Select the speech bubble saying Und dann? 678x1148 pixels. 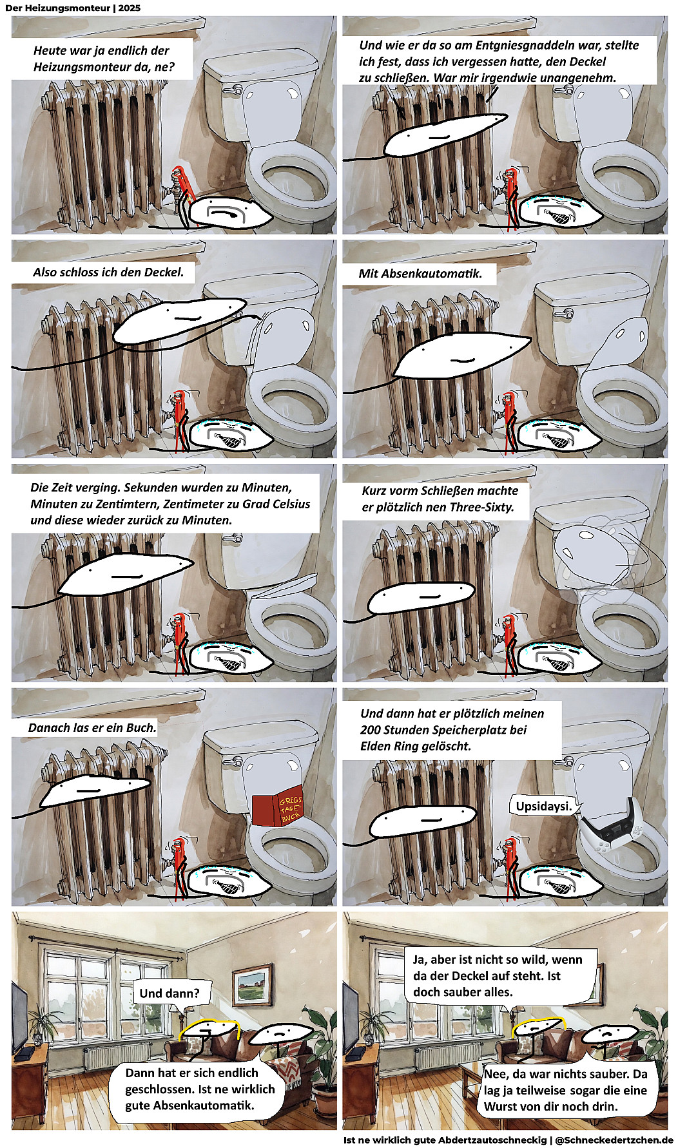click(x=169, y=993)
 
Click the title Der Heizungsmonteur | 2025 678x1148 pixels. click(x=73, y=8)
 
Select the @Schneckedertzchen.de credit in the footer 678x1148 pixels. click(x=614, y=1140)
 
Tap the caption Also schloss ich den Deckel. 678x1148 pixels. click(x=108, y=272)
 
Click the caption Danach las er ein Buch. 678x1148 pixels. click(x=92, y=727)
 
